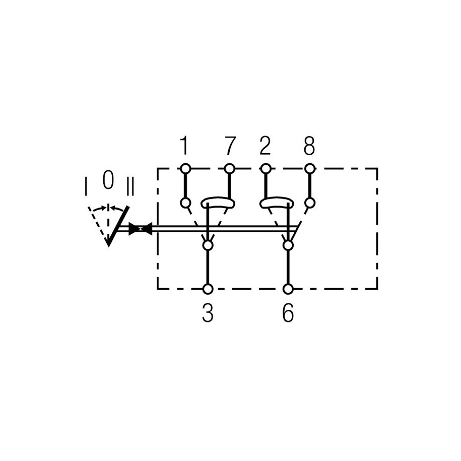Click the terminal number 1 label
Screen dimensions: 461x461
pos(184,146)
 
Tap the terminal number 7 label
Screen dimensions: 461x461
pos(231,146)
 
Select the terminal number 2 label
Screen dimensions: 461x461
pos(265,146)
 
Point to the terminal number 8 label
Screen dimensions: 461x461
pos(309,146)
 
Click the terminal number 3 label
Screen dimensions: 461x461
pos(208,313)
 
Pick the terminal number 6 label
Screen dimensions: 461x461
pos(288,313)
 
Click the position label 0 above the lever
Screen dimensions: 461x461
pos(108,179)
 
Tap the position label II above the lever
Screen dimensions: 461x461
pos(129,186)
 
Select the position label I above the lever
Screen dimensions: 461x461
pos(86,186)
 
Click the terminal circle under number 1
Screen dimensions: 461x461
pos(185,169)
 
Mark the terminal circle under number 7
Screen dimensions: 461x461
pos(229,169)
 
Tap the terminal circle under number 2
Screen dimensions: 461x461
pos(266,169)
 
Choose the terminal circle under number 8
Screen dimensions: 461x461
pos(309,169)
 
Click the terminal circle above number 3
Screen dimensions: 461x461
pos(208,289)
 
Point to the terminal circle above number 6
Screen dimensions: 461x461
pos(288,289)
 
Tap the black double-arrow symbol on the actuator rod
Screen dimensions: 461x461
pos(141,229)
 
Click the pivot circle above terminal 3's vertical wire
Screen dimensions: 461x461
pos(208,245)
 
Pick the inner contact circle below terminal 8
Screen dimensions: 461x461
pos(309,203)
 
